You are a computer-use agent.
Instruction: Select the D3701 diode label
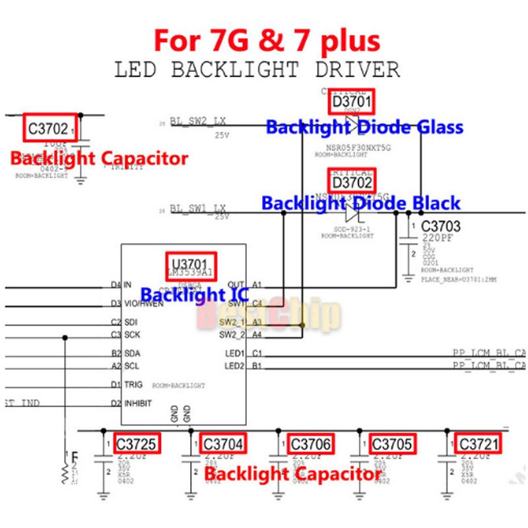click(x=352, y=103)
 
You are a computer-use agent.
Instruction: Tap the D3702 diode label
click(x=352, y=180)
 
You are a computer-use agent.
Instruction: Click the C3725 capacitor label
click(x=136, y=444)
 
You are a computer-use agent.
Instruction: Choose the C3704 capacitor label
click(x=223, y=444)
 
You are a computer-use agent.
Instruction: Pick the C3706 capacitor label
click(x=310, y=444)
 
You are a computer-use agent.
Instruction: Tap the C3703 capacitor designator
click(x=441, y=226)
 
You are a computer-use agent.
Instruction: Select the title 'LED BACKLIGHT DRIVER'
click(x=257, y=69)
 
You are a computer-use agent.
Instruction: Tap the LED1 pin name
click(x=234, y=353)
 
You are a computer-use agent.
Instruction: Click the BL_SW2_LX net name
click(x=199, y=122)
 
